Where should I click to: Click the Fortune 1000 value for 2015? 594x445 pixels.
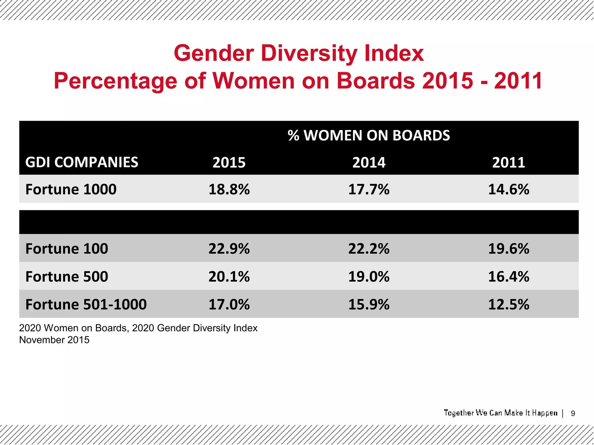(x=229, y=189)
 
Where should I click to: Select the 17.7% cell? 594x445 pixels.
(x=369, y=189)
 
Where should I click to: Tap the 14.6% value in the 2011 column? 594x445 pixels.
(x=508, y=189)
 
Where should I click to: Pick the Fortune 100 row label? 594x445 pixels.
(x=67, y=249)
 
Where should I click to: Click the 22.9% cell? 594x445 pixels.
(x=229, y=249)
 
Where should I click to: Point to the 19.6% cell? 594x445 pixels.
(x=508, y=249)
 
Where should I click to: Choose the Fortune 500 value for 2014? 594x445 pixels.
(x=369, y=276)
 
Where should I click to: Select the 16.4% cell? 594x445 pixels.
(x=508, y=276)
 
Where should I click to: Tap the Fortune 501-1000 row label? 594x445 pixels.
(x=86, y=304)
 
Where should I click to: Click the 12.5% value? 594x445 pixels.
(x=508, y=304)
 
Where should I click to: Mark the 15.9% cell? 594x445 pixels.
(x=369, y=304)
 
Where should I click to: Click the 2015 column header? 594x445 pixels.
(x=229, y=162)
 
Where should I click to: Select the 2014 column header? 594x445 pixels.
(x=369, y=162)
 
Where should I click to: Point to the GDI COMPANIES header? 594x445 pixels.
(x=82, y=162)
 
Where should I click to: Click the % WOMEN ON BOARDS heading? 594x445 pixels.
(x=369, y=135)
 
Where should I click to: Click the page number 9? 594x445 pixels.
(x=573, y=413)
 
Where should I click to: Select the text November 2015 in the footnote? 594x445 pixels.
(x=54, y=340)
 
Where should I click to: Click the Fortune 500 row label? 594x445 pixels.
(x=67, y=276)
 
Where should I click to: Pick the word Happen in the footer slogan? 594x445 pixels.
(x=544, y=413)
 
